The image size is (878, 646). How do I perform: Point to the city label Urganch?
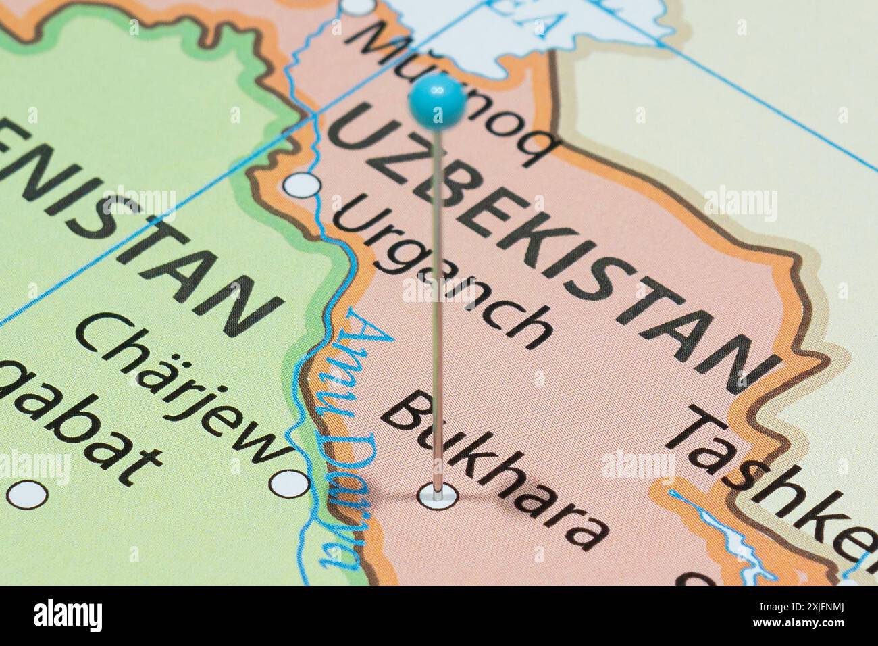click(x=442, y=270)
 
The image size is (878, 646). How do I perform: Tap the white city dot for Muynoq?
click(x=357, y=6)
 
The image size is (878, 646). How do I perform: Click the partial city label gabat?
click(x=74, y=432)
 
